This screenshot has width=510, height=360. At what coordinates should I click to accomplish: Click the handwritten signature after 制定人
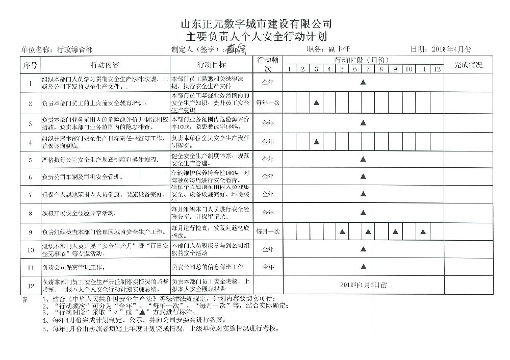(x=237, y=49)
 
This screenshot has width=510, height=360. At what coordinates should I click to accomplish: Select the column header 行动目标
(x=212, y=65)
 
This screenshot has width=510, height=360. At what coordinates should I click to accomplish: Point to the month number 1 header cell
(x=289, y=69)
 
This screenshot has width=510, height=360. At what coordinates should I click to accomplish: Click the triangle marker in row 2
(x=316, y=102)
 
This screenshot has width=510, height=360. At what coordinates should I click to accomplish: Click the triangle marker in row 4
(x=316, y=142)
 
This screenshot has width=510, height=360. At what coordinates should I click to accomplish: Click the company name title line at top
(x=257, y=23)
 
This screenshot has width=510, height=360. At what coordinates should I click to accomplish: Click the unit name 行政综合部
(x=75, y=49)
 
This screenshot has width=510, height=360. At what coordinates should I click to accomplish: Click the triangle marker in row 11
(x=363, y=266)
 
